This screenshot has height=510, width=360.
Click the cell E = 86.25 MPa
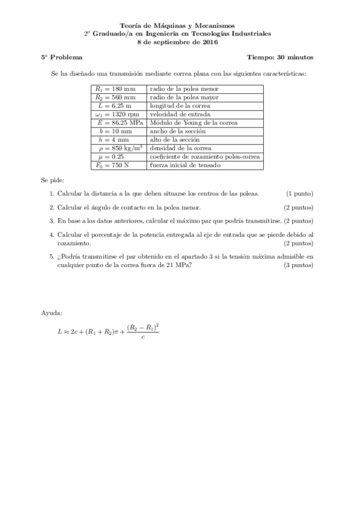(x=117, y=122)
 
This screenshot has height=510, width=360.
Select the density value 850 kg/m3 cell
(x=117, y=147)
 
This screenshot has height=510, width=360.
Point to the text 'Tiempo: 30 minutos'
(x=279, y=58)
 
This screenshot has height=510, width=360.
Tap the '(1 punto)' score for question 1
(x=299, y=194)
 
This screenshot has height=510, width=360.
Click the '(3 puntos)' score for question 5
(x=298, y=265)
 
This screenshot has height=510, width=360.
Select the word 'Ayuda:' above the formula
(x=52, y=314)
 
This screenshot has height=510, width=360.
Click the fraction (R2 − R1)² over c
(x=142, y=331)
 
